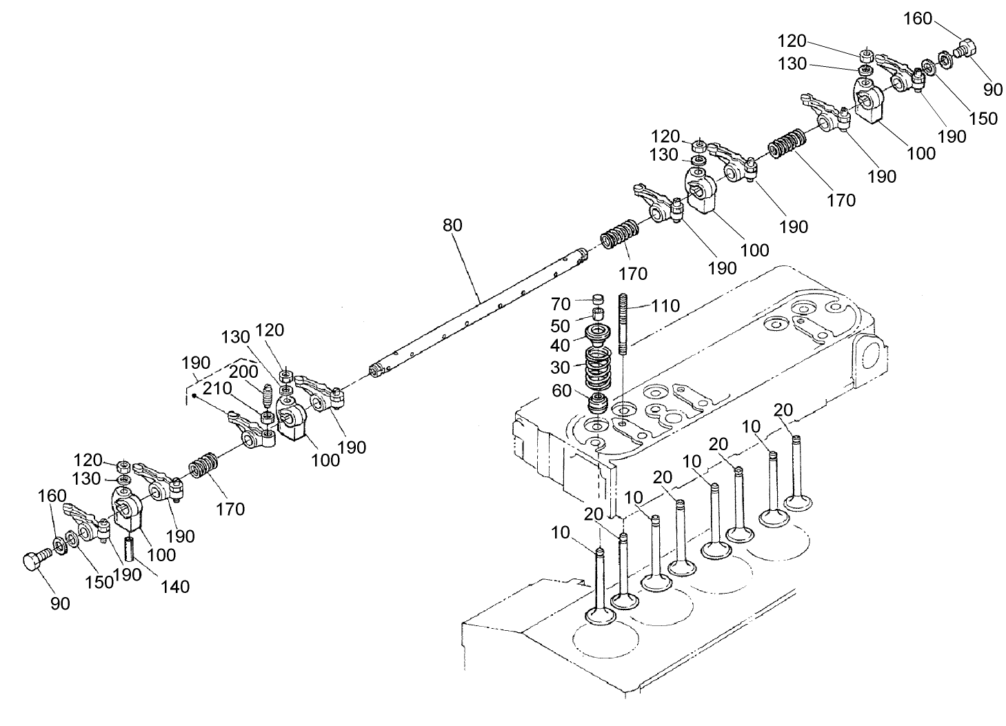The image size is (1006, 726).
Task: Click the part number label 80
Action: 452,225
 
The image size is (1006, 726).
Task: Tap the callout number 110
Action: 665,305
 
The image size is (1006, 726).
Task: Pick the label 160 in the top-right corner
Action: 918,19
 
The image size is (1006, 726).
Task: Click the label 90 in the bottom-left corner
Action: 60,603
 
